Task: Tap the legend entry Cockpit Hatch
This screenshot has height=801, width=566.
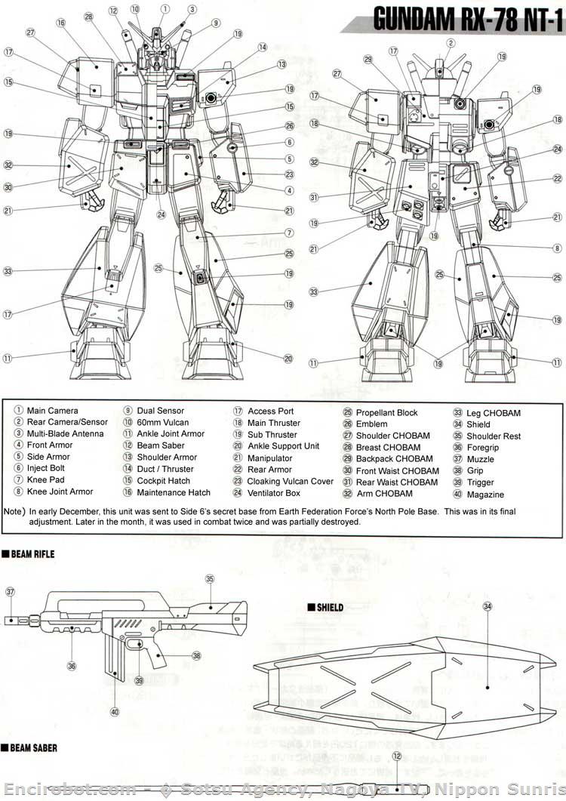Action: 164,481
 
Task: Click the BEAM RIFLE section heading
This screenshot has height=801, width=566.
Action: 32,554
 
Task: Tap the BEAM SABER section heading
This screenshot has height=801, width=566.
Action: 33,748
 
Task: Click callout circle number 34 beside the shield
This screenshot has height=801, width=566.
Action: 488,606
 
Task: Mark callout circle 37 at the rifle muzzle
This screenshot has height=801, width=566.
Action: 10,593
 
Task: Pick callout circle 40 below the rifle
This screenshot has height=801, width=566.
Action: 115,710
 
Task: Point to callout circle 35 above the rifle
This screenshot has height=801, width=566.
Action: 210,579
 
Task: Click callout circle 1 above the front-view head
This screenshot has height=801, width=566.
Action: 164,8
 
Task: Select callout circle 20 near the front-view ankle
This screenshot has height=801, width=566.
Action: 288,359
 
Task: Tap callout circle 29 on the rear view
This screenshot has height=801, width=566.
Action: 368,60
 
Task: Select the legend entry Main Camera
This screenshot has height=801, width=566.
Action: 52,411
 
